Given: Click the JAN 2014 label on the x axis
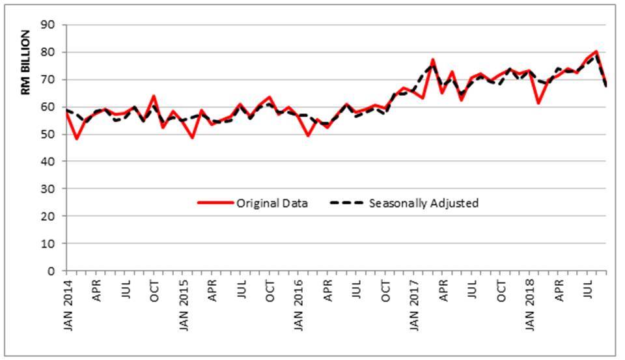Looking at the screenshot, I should pos(68,306).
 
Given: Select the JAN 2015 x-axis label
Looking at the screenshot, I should pos(183,306).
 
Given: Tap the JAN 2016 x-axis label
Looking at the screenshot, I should pos(299,306).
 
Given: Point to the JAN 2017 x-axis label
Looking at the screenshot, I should pos(414,306).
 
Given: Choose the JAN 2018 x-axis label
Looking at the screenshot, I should pos(529,306).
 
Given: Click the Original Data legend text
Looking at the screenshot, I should pos(272,203).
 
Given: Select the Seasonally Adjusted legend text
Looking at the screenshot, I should pos(423,203).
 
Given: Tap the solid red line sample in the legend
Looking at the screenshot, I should pos(215,203).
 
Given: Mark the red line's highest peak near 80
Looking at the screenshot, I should pos(596,51).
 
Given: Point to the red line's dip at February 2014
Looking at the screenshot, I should pos(77,139).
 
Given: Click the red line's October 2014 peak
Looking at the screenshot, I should pos(154,96).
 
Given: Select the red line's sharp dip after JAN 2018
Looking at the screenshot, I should pos(538,103).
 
